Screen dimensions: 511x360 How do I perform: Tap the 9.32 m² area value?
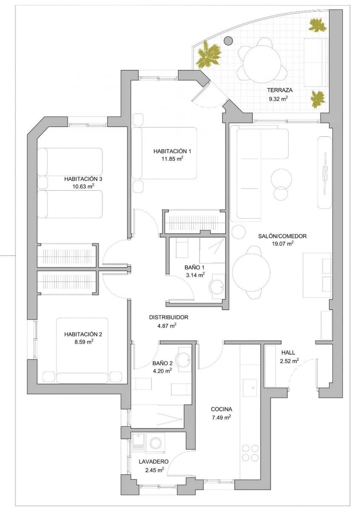pyautogui.click(x=277, y=99)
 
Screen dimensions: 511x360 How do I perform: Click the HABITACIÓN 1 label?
pyautogui.click(x=169, y=151)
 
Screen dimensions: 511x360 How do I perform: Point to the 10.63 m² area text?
pyautogui.click(x=83, y=186)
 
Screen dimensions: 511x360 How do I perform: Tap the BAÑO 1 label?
pyautogui.click(x=195, y=267)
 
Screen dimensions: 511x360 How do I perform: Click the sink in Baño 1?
pyautogui.click(x=217, y=287)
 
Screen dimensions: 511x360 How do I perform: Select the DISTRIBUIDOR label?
pyautogui.click(x=169, y=317)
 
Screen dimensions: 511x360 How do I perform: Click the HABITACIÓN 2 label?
pyautogui.click(x=83, y=334)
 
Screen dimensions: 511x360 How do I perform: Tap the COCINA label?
pyautogui.click(x=221, y=409)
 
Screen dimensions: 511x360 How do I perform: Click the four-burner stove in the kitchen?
pyautogui.click(x=249, y=453)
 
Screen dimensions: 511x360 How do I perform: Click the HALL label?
pyautogui.click(x=288, y=353)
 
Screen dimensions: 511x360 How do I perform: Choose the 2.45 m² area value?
pyautogui.click(x=153, y=470)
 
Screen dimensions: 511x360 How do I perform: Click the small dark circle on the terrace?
pyautogui.click(x=229, y=40)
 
